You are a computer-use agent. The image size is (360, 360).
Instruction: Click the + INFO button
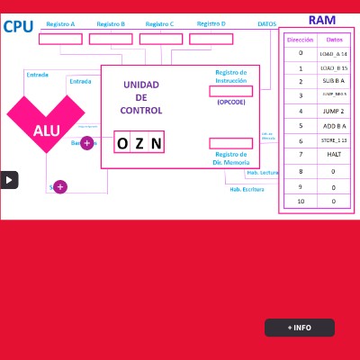tap(300, 328)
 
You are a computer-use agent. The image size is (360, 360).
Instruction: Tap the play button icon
tap(9, 179)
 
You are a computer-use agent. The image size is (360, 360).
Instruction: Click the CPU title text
tap(18, 26)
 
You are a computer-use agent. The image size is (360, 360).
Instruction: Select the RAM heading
tap(321, 20)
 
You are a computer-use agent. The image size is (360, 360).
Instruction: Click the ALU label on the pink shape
tap(46, 130)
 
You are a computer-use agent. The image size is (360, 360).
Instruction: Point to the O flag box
tap(122, 143)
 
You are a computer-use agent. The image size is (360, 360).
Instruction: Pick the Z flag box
tap(139, 143)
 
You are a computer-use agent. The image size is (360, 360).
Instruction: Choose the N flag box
tap(156, 143)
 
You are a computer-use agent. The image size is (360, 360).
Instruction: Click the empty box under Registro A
tap(60, 39)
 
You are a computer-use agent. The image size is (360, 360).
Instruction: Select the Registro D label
tap(211, 24)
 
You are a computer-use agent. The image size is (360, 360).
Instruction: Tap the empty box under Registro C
tap(161, 39)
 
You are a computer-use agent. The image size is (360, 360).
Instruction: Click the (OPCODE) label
tap(230, 103)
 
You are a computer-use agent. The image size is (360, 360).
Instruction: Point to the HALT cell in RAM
tap(334, 155)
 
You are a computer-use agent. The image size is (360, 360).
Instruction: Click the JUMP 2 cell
tap(334, 111)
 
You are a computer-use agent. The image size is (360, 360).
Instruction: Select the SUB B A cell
tap(334, 82)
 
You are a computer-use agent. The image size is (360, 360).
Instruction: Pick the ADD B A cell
tap(334, 126)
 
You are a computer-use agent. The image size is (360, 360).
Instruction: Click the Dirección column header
tap(300, 40)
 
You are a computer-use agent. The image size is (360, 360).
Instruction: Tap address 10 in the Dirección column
tap(300, 201)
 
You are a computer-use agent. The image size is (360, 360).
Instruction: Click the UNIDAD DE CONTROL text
tap(141, 97)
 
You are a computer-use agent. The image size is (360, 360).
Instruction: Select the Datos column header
tap(334, 40)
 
